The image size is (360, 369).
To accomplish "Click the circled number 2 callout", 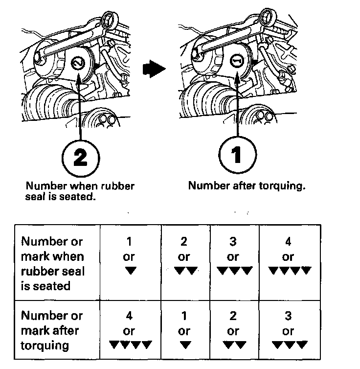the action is [x=81, y=158].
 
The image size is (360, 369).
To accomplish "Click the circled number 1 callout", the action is [x=237, y=155].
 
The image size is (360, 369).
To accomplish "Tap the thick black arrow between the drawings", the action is [x=154, y=69].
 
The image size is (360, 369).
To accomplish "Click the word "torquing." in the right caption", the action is [x=282, y=186].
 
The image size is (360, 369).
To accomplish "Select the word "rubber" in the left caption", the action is [x=117, y=186].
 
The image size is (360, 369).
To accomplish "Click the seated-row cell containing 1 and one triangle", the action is [x=131, y=262].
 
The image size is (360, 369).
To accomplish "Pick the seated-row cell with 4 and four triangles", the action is [x=290, y=262].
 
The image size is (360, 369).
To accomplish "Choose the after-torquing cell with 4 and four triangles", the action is [x=131, y=330].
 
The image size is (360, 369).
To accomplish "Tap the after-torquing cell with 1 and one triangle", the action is [x=185, y=330].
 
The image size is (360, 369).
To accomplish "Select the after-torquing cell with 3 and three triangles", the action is [x=290, y=330].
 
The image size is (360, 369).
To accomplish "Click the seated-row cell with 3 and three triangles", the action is [x=234, y=262].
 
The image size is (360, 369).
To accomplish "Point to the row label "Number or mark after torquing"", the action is [x=52, y=330].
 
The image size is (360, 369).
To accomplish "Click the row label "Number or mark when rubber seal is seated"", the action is [x=53, y=264].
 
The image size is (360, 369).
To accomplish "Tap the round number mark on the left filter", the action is [x=78, y=63].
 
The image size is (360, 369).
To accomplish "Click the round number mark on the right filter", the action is [x=237, y=61].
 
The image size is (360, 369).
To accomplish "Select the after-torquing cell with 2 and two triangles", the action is [x=234, y=330].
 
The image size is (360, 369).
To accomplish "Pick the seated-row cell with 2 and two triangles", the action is [x=185, y=262].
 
